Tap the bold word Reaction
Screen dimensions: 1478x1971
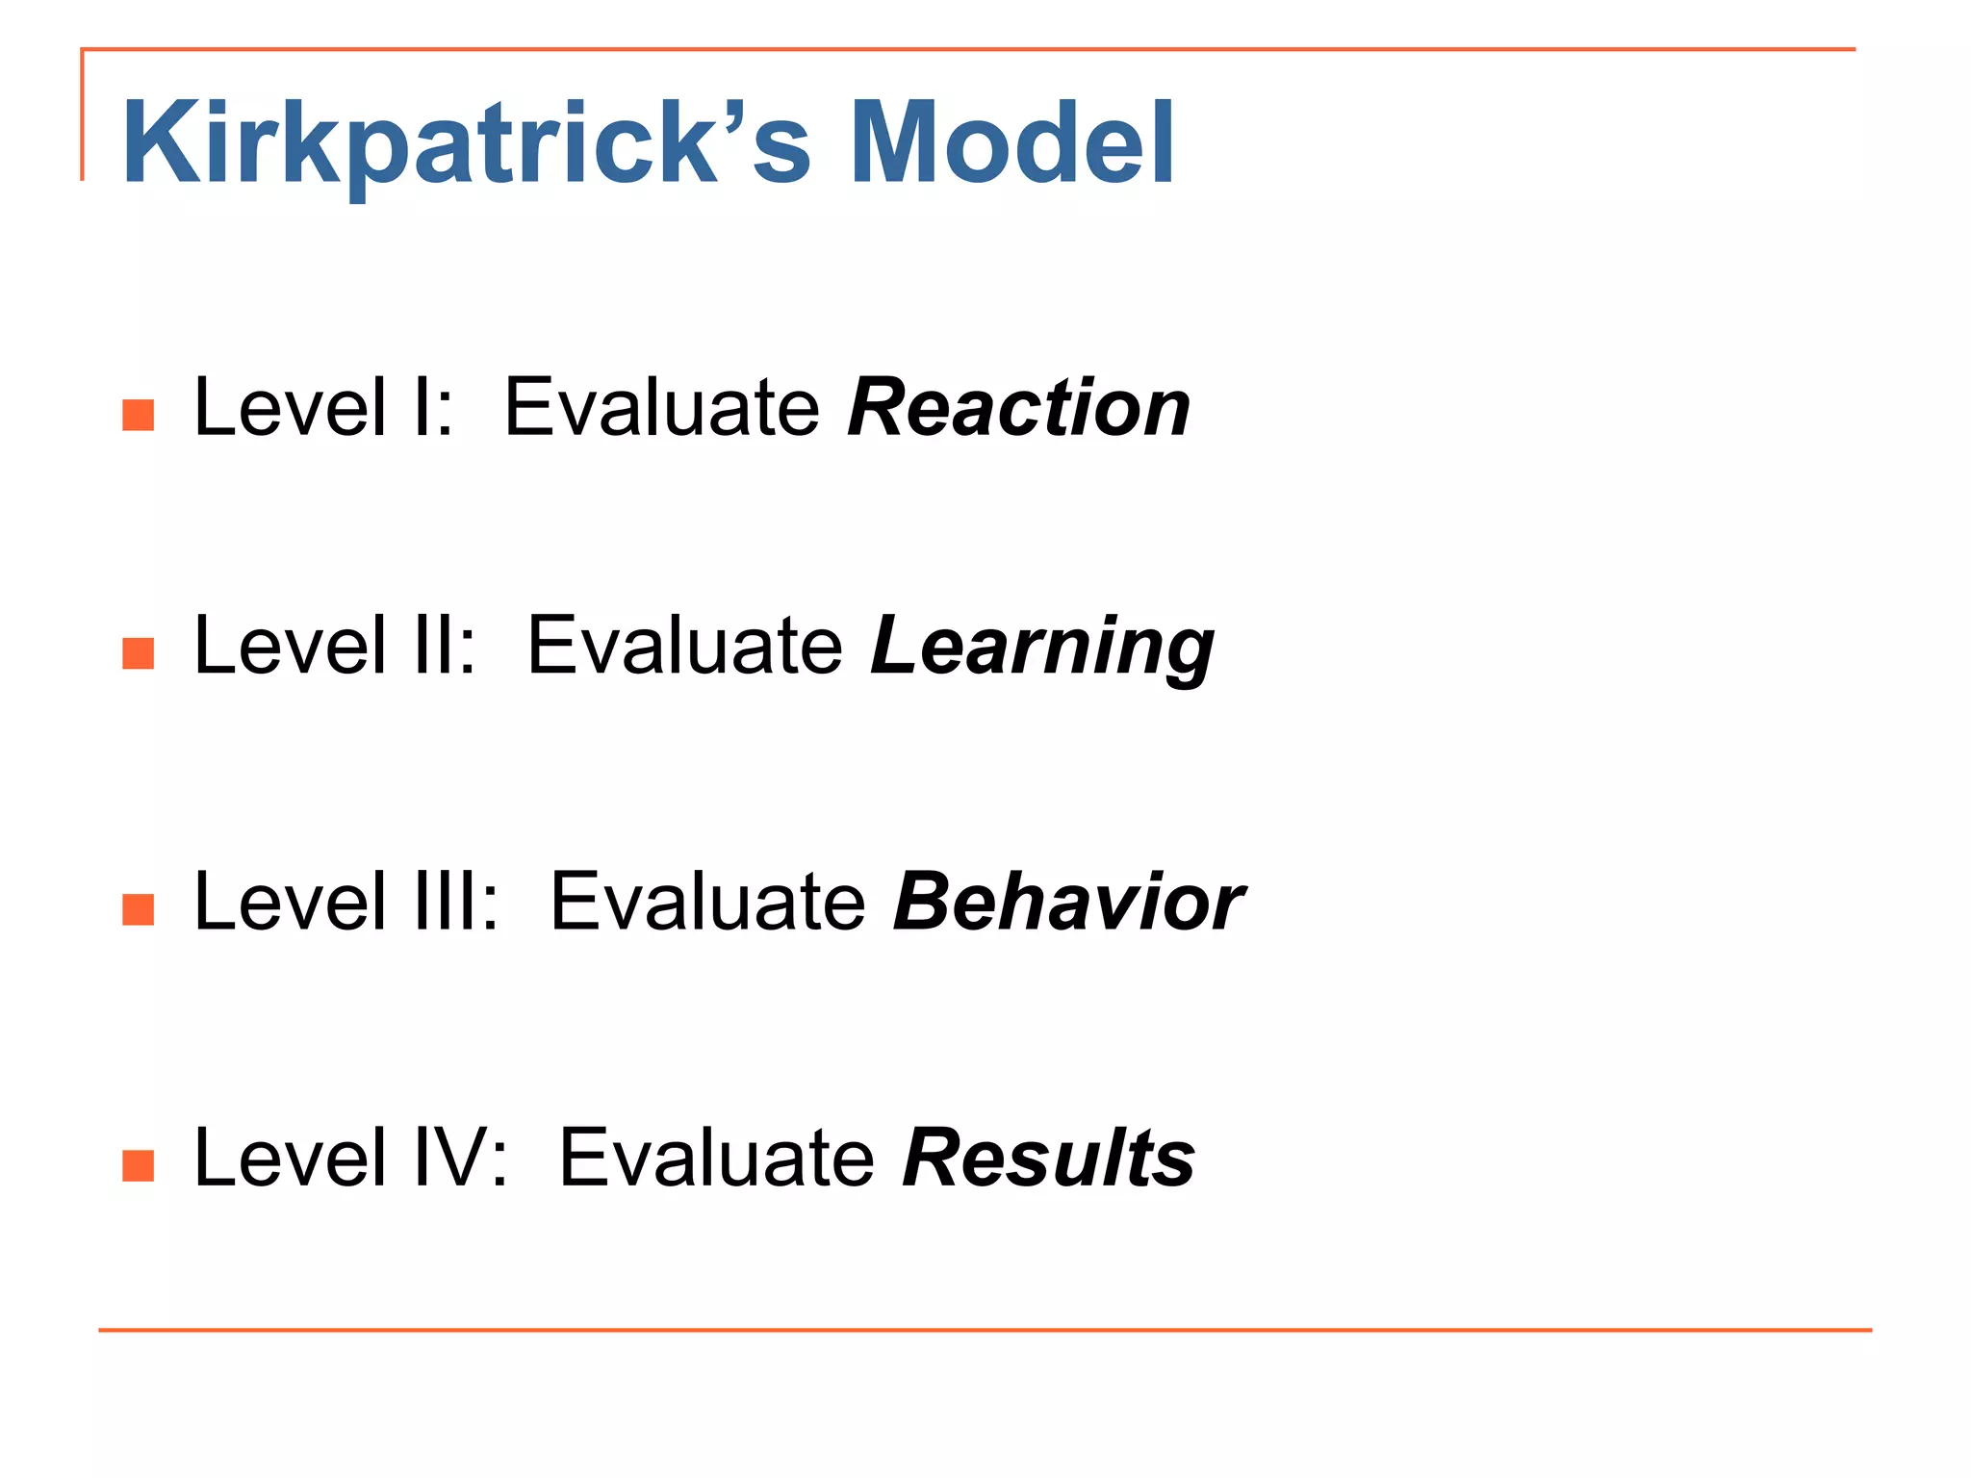pyautogui.click(x=1018, y=408)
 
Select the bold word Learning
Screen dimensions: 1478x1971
pyautogui.click(x=1041, y=647)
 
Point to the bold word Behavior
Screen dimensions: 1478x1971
pyautogui.click(x=1068, y=903)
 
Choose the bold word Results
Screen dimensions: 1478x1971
pyautogui.click(x=1048, y=1159)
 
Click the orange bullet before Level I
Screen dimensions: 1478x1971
pyautogui.click(x=139, y=416)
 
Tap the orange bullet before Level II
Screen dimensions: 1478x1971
pyautogui.click(x=139, y=653)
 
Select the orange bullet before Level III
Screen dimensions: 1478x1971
pyautogui.click(x=139, y=909)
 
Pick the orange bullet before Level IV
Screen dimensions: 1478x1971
pyautogui.click(x=139, y=1165)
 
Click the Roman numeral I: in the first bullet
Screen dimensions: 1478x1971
pyautogui.click(x=430, y=408)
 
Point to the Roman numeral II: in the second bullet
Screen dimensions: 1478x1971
pyautogui.click(x=443, y=647)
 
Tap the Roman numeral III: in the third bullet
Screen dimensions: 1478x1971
pyautogui.click(x=454, y=903)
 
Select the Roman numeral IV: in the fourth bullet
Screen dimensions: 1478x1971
pyautogui.click(x=459, y=1159)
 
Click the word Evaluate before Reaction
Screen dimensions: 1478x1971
pyautogui.click(x=662, y=408)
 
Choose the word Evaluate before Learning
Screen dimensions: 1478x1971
pyautogui.click(x=685, y=647)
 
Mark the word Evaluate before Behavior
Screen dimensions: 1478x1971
pyautogui.click(x=707, y=903)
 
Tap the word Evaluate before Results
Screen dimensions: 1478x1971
pyautogui.click(x=717, y=1159)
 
